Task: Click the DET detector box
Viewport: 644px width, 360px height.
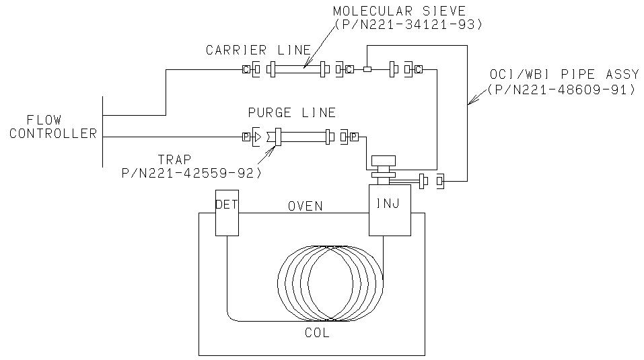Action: (227, 213)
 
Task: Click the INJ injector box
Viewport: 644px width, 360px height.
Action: (390, 210)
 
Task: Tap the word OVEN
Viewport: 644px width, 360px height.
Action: (305, 206)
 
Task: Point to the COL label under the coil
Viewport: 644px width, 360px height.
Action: (317, 332)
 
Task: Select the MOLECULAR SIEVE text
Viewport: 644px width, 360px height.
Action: (399, 11)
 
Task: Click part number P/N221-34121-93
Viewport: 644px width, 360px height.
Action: (408, 25)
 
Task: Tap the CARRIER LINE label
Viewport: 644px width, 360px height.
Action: (258, 50)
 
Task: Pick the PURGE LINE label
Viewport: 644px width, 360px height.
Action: (291, 112)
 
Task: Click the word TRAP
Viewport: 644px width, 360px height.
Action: (175, 159)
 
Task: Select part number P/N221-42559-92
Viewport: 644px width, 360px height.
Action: (191, 173)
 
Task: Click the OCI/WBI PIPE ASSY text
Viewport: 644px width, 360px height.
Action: (565, 74)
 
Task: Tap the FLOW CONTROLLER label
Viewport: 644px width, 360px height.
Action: (53, 127)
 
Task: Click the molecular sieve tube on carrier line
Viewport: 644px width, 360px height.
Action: (297, 69)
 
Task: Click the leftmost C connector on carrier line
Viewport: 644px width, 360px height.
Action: (246, 69)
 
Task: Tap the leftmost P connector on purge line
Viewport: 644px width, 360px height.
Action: (246, 137)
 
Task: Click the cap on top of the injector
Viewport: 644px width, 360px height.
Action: (383, 161)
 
